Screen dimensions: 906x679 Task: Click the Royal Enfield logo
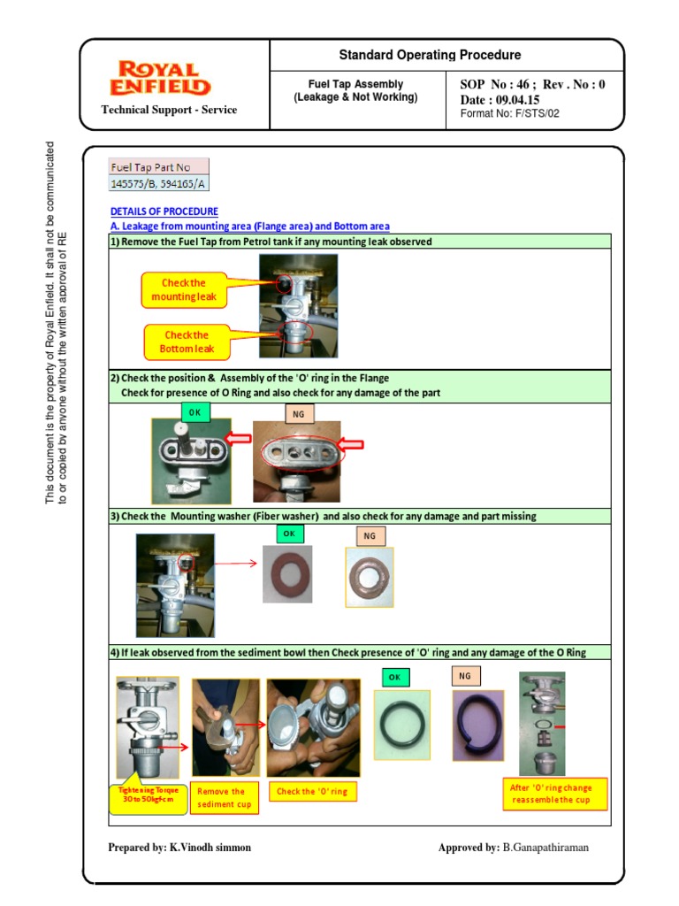point(160,79)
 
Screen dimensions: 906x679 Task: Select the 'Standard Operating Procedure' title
point(430,55)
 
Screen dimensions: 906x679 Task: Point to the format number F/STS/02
point(510,113)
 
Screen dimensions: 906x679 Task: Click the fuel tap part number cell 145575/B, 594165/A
point(159,184)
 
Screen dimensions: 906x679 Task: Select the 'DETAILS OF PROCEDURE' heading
point(164,211)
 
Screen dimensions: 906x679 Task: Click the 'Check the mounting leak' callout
point(183,290)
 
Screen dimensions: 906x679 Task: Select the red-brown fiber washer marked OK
point(287,572)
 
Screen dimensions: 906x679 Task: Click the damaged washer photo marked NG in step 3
point(369,576)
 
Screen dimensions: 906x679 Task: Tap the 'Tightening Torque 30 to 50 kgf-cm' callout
point(148,795)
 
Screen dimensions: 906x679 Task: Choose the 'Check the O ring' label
point(311,791)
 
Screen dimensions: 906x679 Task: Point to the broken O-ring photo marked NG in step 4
point(478,726)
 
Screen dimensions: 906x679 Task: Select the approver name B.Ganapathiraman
point(545,847)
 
